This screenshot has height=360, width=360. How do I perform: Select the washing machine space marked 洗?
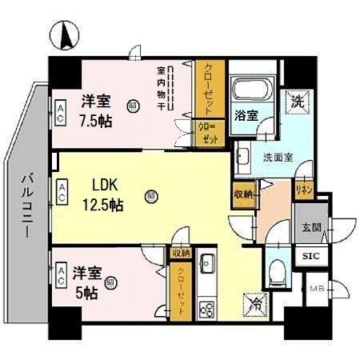(x=296, y=102)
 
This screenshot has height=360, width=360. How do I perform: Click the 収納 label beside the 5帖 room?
(x=180, y=253)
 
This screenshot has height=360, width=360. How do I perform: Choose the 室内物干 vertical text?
(x=161, y=88)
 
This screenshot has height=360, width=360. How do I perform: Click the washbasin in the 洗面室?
(x=244, y=155)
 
